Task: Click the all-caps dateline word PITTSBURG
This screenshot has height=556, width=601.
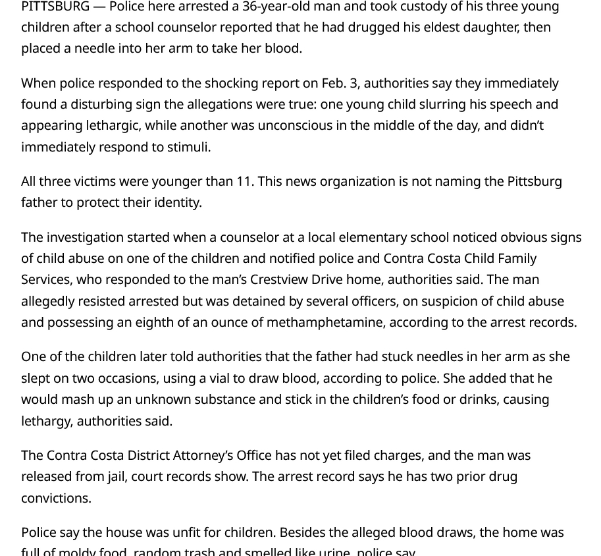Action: click(55, 7)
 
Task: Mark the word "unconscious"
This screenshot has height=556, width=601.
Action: click(295, 125)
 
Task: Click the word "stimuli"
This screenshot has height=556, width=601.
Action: click(186, 147)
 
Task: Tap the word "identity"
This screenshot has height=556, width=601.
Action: click(176, 202)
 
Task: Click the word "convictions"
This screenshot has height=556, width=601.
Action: click(55, 498)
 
